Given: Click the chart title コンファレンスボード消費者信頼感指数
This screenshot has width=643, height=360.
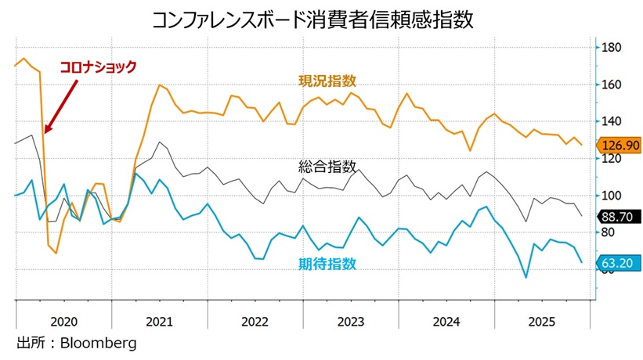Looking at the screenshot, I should [321, 19].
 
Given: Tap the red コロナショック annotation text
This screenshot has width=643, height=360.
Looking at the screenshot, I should [99, 67].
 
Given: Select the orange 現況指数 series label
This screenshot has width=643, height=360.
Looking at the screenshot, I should [327, 81].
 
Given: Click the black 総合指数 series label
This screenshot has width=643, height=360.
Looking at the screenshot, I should [327, 167].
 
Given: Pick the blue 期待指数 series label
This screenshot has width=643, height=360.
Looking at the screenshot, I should [327, 264].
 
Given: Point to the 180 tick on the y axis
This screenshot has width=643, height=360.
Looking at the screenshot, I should [610, 48].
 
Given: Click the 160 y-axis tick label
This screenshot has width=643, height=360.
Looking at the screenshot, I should [610, 85].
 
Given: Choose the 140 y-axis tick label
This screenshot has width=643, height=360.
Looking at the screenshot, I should [610, 121].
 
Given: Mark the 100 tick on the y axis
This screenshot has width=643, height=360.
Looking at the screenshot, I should [610, 196].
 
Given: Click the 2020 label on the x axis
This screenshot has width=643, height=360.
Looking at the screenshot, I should [63, 322].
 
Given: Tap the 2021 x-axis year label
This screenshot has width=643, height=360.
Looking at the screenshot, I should [159, 322].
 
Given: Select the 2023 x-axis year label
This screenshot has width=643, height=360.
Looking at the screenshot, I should [350, 322].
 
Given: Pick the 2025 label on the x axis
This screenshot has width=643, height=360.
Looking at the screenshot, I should [542, 322].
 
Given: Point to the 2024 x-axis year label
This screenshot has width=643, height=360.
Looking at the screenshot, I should [446, 322].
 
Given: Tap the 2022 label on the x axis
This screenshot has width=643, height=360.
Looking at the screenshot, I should [255, 322].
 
